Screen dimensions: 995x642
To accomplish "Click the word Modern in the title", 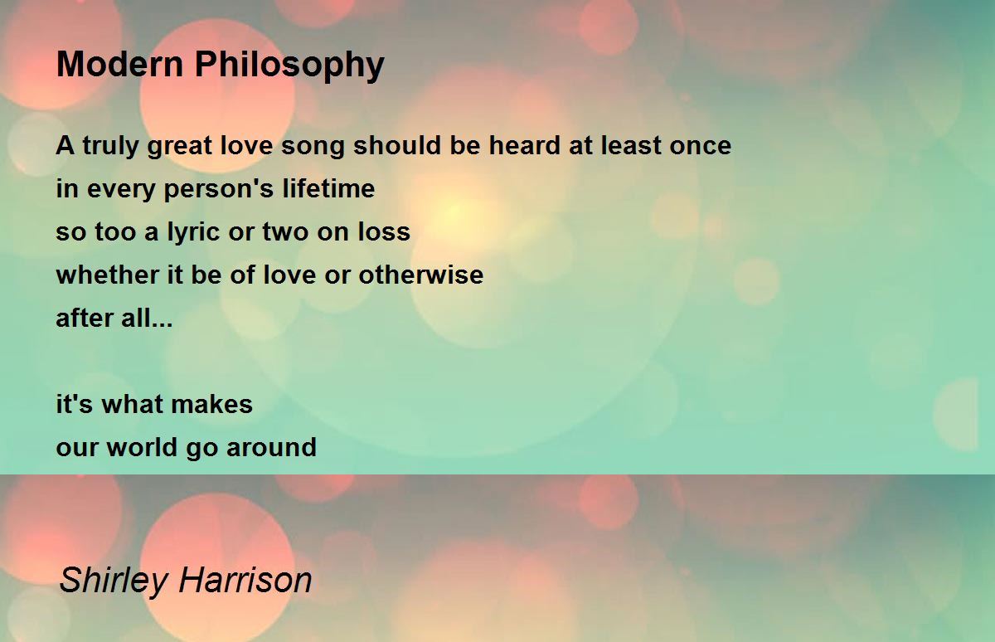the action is pyautogui.click(x=120, y=64).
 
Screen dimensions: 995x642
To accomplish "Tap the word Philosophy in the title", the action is pyautogui.click(x=289, y=66).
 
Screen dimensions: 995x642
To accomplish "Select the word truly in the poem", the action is pyautogui.click(x=110, y=147).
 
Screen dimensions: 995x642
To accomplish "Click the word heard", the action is pyautogui.click(x=525, y=145).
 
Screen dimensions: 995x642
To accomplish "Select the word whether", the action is pyautogui.click(x=108, y=275).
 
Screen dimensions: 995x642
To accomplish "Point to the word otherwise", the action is pyautogui.click(x=420, y=275).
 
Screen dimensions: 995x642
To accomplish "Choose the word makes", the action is pyautogui.click(x=212, y=404).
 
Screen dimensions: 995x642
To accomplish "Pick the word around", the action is pyautogui.click(x=271, y=447).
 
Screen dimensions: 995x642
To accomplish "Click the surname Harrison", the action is pyautogui.click(x=245, y=581).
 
